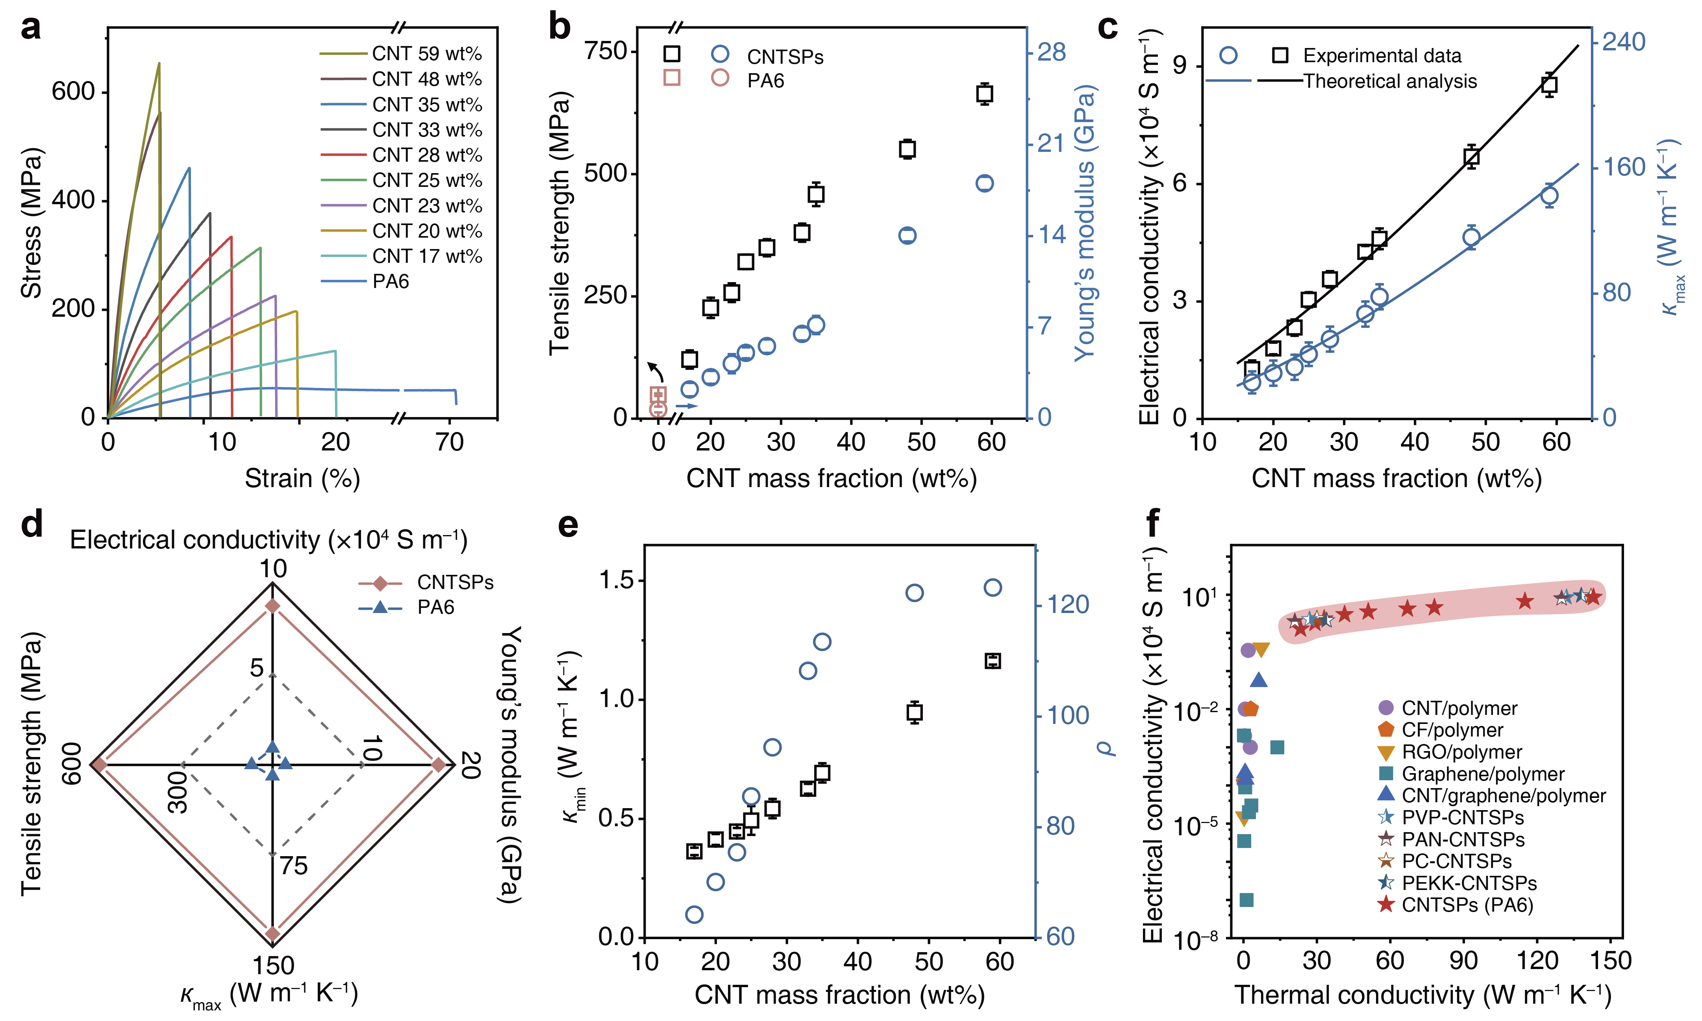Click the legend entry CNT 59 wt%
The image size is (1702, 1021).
(x=427, y=54)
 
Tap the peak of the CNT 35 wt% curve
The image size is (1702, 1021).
(x=189, y=168)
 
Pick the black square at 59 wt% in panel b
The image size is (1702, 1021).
(x=985, y=94)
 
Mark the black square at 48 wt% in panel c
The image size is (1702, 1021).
(x=1471, y=157)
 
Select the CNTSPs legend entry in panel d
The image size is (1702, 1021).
(x=455, y=583)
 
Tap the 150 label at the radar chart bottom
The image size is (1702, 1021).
(x=273, y=965)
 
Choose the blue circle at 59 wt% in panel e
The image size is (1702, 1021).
(x=993, y=587)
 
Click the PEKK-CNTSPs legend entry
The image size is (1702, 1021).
(x=1469, y=883)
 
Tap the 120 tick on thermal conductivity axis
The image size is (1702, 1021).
(x=1537, y=960)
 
